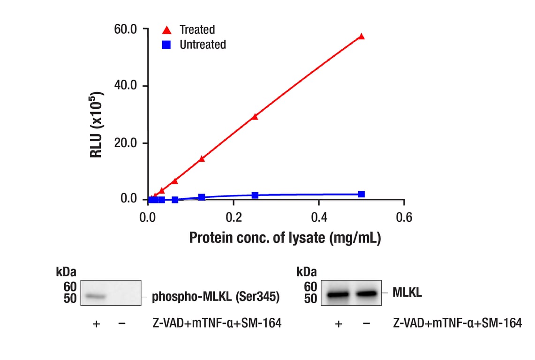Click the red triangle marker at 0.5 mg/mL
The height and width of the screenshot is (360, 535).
click(361, 37)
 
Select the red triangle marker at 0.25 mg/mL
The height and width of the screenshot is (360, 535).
click(255, 117)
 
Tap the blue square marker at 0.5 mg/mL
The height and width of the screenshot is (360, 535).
click(361, 194)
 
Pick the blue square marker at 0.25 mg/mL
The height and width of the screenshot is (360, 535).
click(255, 195)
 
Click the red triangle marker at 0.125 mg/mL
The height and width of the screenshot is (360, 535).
click(202, 159)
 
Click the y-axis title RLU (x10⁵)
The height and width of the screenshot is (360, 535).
click(97, 124)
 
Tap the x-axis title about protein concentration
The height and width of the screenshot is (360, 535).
click(285, 238)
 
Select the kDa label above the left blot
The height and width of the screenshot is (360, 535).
click(66, 272)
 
